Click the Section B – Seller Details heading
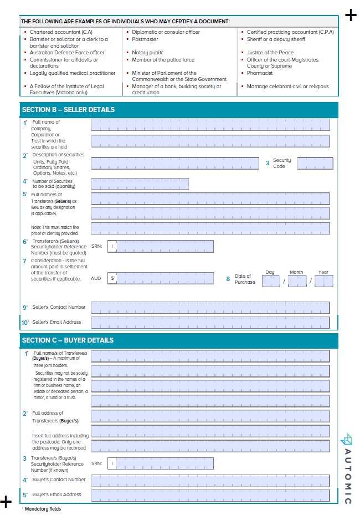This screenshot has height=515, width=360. coord(68,110)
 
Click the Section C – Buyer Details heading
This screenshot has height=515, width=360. coord(68,340)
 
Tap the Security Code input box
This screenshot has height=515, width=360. coord(315,163)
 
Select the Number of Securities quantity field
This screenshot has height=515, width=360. coord(140,183)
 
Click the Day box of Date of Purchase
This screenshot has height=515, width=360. coord(271,281)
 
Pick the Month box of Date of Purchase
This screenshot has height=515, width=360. coord(297,281)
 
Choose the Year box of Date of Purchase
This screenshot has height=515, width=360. coord(324,281)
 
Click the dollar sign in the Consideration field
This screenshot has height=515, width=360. coord(112,278)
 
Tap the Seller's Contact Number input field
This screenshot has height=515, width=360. coord(210,307)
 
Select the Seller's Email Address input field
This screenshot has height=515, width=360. coord(210,322)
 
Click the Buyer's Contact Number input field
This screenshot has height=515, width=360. coord(210,480)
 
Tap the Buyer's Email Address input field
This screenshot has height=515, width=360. coord(210,494)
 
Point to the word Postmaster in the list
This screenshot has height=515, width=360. coord(145,39)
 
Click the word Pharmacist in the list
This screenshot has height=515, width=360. coord(260,73)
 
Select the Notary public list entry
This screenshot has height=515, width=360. coord(148,53)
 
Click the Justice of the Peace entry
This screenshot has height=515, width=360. coord(270,53)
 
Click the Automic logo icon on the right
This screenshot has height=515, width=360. coord(347,439)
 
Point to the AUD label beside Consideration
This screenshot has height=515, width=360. coord(96,278)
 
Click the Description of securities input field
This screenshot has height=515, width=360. coord(175,163)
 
